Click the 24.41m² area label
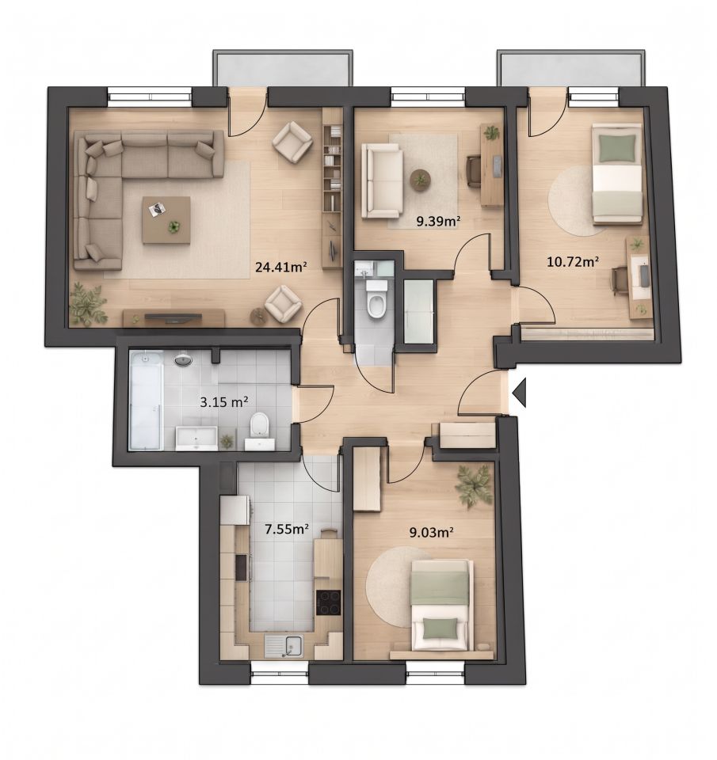tap(281, 266)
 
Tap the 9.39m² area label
tap(438, 222)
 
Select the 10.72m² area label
tap(572, 262)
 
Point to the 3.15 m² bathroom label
tap(224, 401)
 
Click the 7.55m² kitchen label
tap(286, 529)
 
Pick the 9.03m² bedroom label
tap(431, 533)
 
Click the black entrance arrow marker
tap(519, 392)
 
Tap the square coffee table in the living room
tap(166, 219)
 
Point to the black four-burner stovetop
tap(329, 602)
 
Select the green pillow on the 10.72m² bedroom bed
tap(617, 148)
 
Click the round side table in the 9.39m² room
tap(420, 180)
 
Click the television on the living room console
tap(174, 317)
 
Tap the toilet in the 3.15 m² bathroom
tap(260, 424)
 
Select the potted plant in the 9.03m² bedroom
tap(473, 485)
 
